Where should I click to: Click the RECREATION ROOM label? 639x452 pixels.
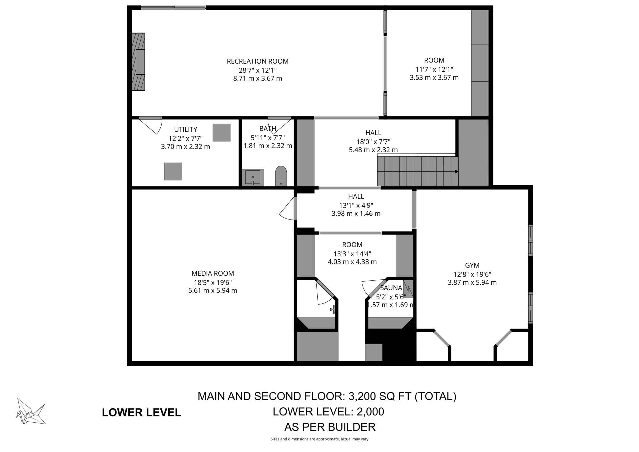(257, 61)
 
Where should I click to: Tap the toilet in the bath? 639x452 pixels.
(281, 176)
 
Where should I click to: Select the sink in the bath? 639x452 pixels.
(253, 177)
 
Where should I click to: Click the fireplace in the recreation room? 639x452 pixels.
(138, 62)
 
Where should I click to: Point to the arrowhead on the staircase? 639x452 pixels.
(456, 171)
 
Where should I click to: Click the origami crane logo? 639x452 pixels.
(31, 411)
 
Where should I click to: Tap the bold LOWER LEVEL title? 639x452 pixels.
(141, 412)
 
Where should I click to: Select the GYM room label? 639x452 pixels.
(472, 265)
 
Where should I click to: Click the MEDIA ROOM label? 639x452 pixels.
(212, 273)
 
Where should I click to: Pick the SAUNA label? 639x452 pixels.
(391, 288)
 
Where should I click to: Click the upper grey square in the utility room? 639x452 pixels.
(222, 133)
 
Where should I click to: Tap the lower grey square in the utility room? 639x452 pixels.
(173, 171)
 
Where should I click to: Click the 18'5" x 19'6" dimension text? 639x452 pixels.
(212, 282)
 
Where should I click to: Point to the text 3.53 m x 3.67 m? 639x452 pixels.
(434, 77)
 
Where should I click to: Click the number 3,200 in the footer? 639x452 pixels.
(362, 396)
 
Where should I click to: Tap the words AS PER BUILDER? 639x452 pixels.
(330, 427)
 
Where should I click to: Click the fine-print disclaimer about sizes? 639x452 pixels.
(319, 439)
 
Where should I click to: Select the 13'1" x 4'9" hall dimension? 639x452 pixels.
(356, 205)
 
